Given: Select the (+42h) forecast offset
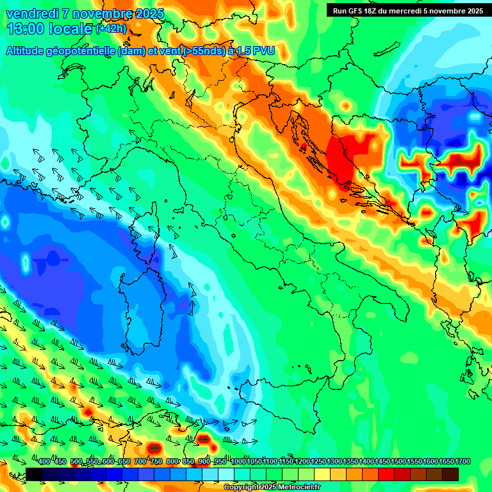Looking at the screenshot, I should (x=111, y=29).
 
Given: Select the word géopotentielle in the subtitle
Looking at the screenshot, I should (x=79, y=51).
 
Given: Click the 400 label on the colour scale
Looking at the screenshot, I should (x=44, y=462).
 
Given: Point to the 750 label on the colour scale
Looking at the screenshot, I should (x=156, y=462).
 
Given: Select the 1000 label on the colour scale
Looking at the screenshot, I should (x=238, y=462).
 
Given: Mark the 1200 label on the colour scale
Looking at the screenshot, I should (x=302, y=462).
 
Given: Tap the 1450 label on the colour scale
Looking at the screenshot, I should (x=383, y=462).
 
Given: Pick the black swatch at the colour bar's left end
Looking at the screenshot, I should (x=34, y=474).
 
